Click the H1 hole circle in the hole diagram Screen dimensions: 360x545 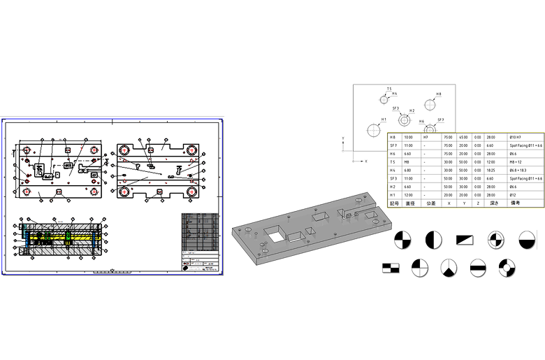click(x=374, y=129)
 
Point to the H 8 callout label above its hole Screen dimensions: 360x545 click(x=438, y=94)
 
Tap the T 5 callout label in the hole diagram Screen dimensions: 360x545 click(x=388, y=89)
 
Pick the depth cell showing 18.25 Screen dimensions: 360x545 click(x=490, y=171)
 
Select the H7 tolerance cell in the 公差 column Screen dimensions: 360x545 click(x=426, y=138)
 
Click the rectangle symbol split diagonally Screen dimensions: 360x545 click(x=465, y=240)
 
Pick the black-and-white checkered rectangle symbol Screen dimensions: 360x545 click(x=390, y=267)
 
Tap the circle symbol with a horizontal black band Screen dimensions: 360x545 click(x=478, y=267)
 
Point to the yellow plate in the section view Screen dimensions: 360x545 click(x=63, y=236)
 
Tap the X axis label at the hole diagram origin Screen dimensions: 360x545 click(x=366, y=161)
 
